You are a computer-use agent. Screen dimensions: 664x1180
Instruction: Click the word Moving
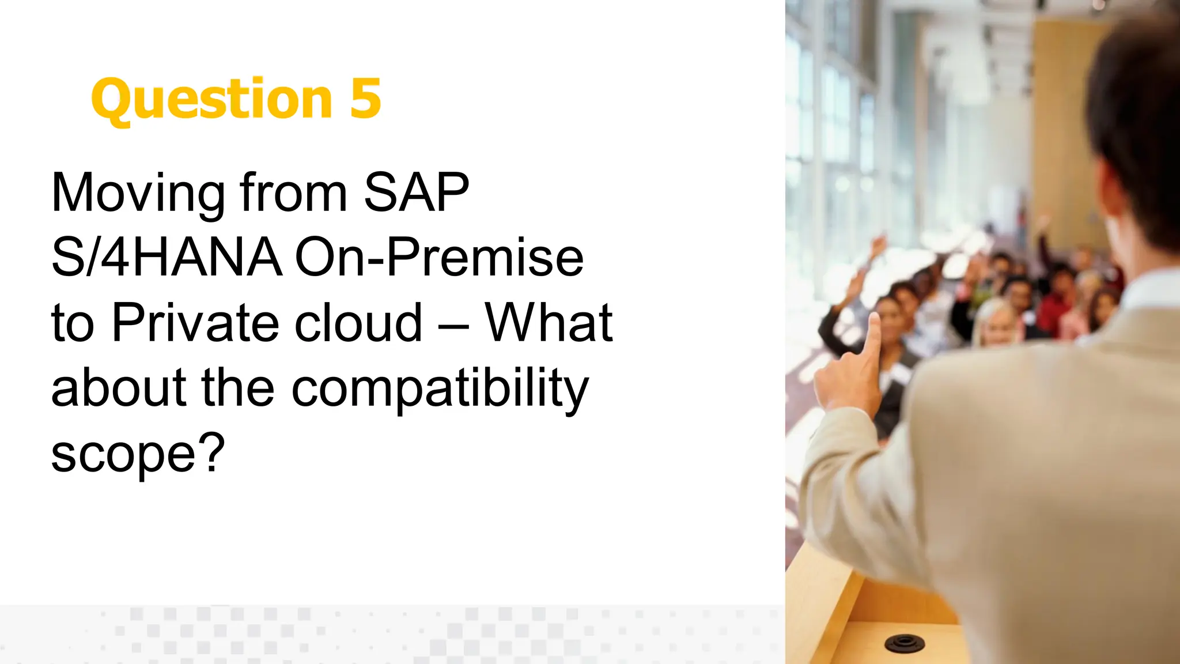tap(138, 194)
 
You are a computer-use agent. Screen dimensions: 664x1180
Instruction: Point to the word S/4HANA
tap(167, 258)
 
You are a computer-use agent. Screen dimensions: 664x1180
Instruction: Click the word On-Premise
tap(439, 258)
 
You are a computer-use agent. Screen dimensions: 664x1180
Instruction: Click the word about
tap(118, 388)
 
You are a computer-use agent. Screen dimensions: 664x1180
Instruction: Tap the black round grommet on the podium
tap(904, 642)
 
